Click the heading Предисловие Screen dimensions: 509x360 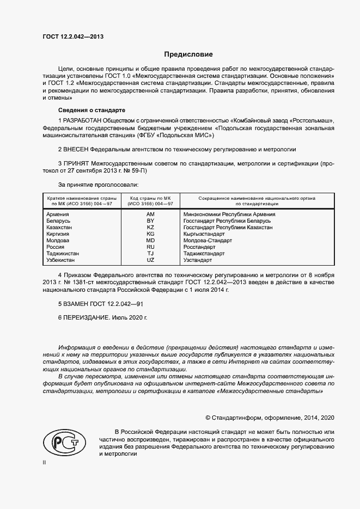click(189, 54)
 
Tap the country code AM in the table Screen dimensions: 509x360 click(151, 214)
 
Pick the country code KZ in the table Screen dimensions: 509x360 click(151, 228)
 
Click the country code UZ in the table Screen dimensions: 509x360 click(151, 260)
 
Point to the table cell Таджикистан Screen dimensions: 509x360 click(63, 254)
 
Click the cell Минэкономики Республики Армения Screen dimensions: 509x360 click(229, 214)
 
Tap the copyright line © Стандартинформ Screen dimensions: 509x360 click(270, 418)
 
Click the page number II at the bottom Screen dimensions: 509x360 click(45, 462)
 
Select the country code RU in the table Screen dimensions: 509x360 click(151, 247)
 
